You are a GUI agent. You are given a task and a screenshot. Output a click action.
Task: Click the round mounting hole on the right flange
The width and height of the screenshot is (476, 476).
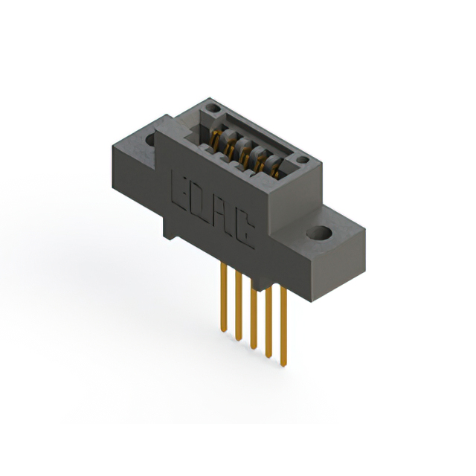click(x=319, y=233)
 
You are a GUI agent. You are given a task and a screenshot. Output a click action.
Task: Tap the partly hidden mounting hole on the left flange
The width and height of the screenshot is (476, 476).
click(x=150, y=139)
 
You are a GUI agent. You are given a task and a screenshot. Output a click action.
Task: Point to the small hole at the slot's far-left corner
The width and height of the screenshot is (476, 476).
click(x=213, y=108)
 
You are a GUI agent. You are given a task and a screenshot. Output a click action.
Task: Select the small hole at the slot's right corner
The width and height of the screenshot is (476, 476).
click(x=303, y=160)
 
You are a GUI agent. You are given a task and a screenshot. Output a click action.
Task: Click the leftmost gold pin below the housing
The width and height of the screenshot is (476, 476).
click(x=224, y=297)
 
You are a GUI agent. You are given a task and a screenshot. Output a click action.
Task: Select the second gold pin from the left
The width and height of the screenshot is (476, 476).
click(x=239, y=306)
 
